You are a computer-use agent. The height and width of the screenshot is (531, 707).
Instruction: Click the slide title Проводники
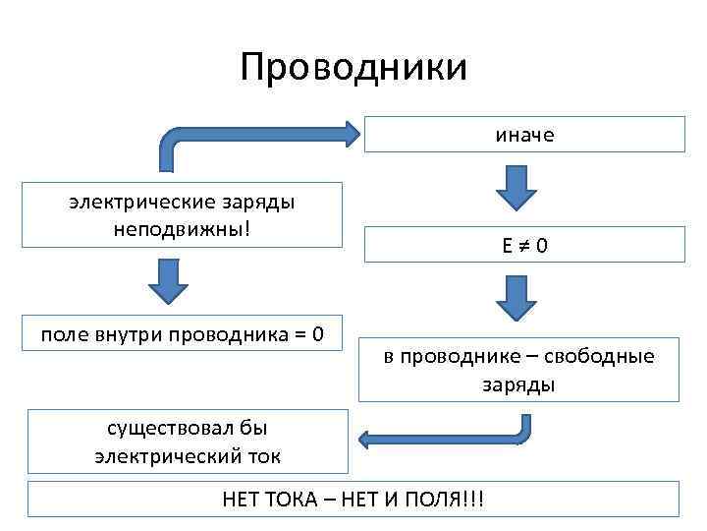click(x=353, y=68)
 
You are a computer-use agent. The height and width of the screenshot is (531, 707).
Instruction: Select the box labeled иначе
click(x=524, y=135)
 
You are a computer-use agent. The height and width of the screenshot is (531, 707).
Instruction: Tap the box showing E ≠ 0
click(x=524, y=245)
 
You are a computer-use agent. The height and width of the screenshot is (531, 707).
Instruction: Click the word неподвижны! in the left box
click(x=183, y=225)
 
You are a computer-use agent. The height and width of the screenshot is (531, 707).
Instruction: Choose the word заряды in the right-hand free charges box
click(x=517, y=383)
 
